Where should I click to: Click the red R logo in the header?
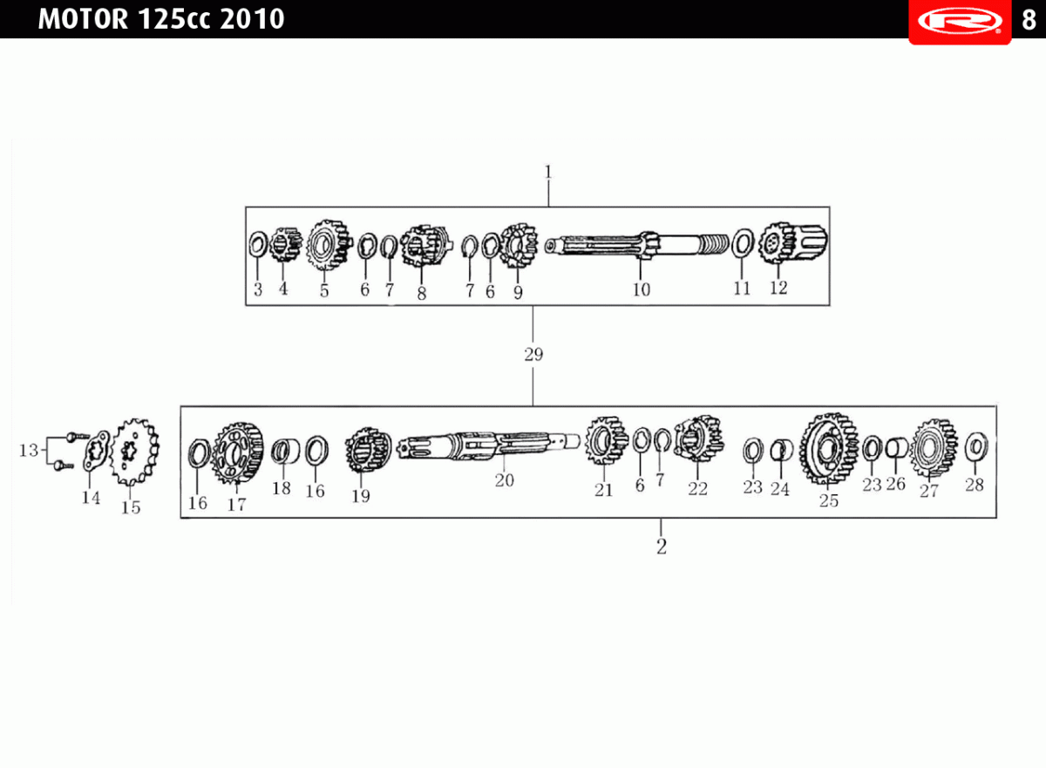pos(960,22)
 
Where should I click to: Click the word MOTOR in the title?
pos(83,19)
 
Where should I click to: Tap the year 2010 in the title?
pos(252,19)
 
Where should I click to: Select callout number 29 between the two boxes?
pos(533,355)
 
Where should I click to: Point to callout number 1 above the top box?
pos(548,173)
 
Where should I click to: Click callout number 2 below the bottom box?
pos(662,547)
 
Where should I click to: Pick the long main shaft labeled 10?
pos(637,244)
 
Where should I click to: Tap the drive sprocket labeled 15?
pos(134,452)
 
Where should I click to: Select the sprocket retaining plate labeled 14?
pos(96,451)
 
